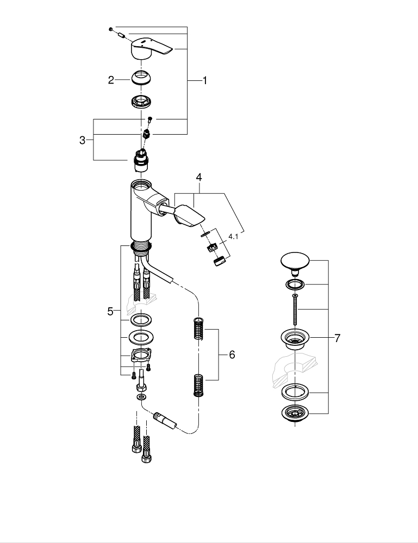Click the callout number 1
(205, 80)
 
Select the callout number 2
(111, 80)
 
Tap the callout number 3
(83, 140)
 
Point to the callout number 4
(199, 177)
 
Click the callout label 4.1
(233, 237)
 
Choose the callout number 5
(111, 312)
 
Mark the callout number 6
(232, 355)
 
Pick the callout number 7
(337, 338)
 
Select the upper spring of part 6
(198, 329)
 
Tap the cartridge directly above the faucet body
(142, 161)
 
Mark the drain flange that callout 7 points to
(295, 340)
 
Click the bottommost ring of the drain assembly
(295, 414)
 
